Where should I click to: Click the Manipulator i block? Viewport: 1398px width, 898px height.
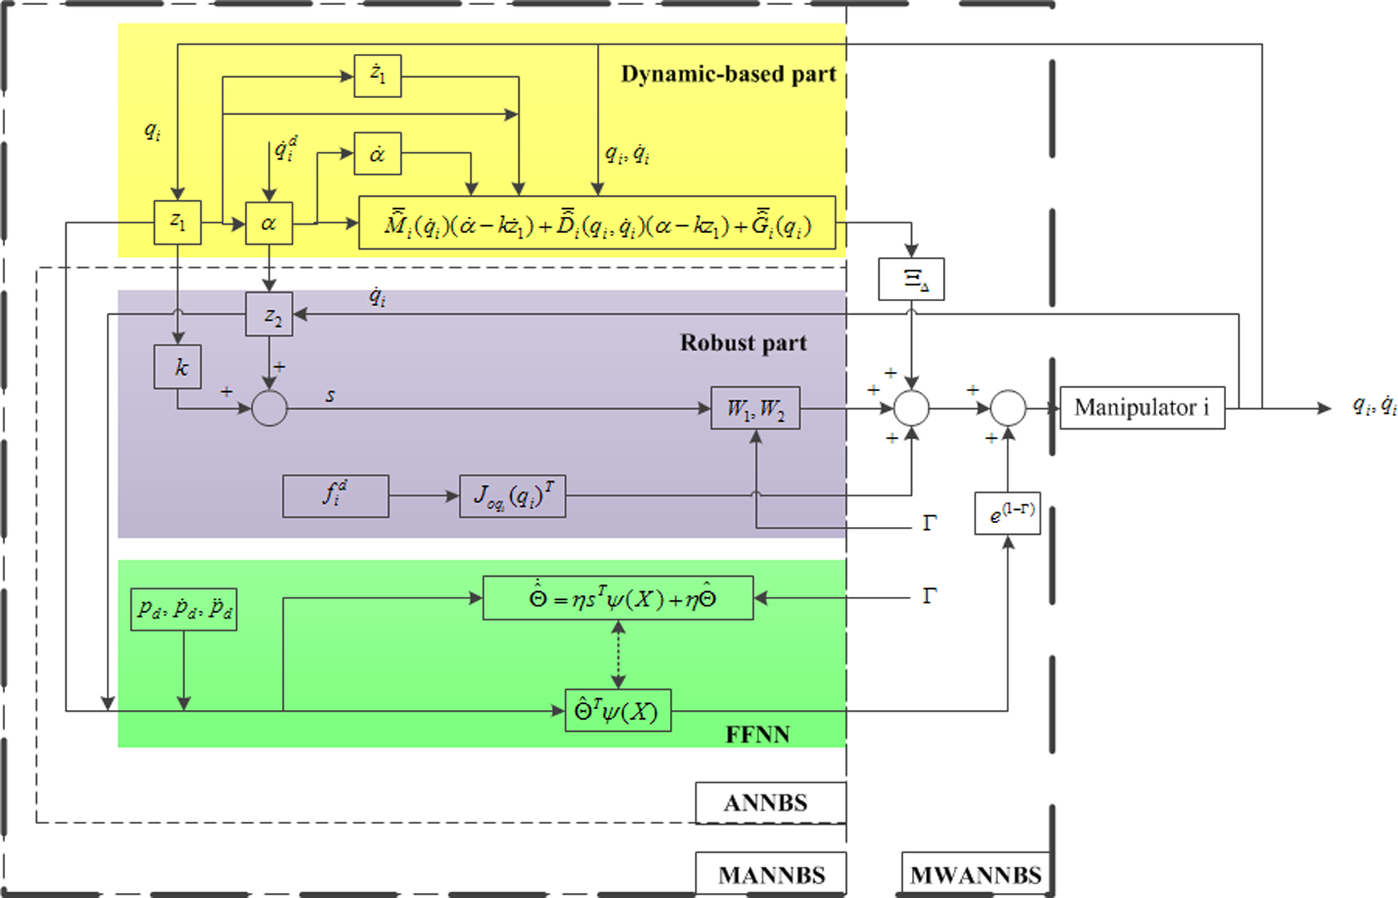(1142, 408)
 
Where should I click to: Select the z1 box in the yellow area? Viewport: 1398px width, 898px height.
(178, 222)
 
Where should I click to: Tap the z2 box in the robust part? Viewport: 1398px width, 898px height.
(269, 314)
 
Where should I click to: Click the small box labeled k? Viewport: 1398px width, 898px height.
(178, 367)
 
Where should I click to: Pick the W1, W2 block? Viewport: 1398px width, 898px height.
(755, 408)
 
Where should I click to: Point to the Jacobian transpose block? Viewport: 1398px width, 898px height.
(513, 496)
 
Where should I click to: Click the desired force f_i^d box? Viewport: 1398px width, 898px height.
(336, 496)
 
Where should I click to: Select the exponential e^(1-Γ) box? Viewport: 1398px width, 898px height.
(1008, 513)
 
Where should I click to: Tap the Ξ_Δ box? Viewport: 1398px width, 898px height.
(911, 280)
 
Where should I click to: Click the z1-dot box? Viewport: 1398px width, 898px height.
(378, 76)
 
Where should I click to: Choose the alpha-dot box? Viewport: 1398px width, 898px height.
(378, 153)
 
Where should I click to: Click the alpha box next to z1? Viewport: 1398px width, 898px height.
(269, 222)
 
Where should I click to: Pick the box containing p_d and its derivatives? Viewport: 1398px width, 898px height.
(184, 609)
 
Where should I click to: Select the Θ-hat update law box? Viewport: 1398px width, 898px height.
(618, 598)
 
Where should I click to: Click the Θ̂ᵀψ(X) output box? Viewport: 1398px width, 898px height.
(618, 711)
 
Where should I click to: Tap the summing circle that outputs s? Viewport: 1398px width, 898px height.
(269, 408)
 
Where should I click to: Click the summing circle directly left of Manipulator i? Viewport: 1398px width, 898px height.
(1008, 408)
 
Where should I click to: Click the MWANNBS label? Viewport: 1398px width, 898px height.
(975, 874)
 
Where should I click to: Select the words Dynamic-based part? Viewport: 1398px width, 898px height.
(729, 74)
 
